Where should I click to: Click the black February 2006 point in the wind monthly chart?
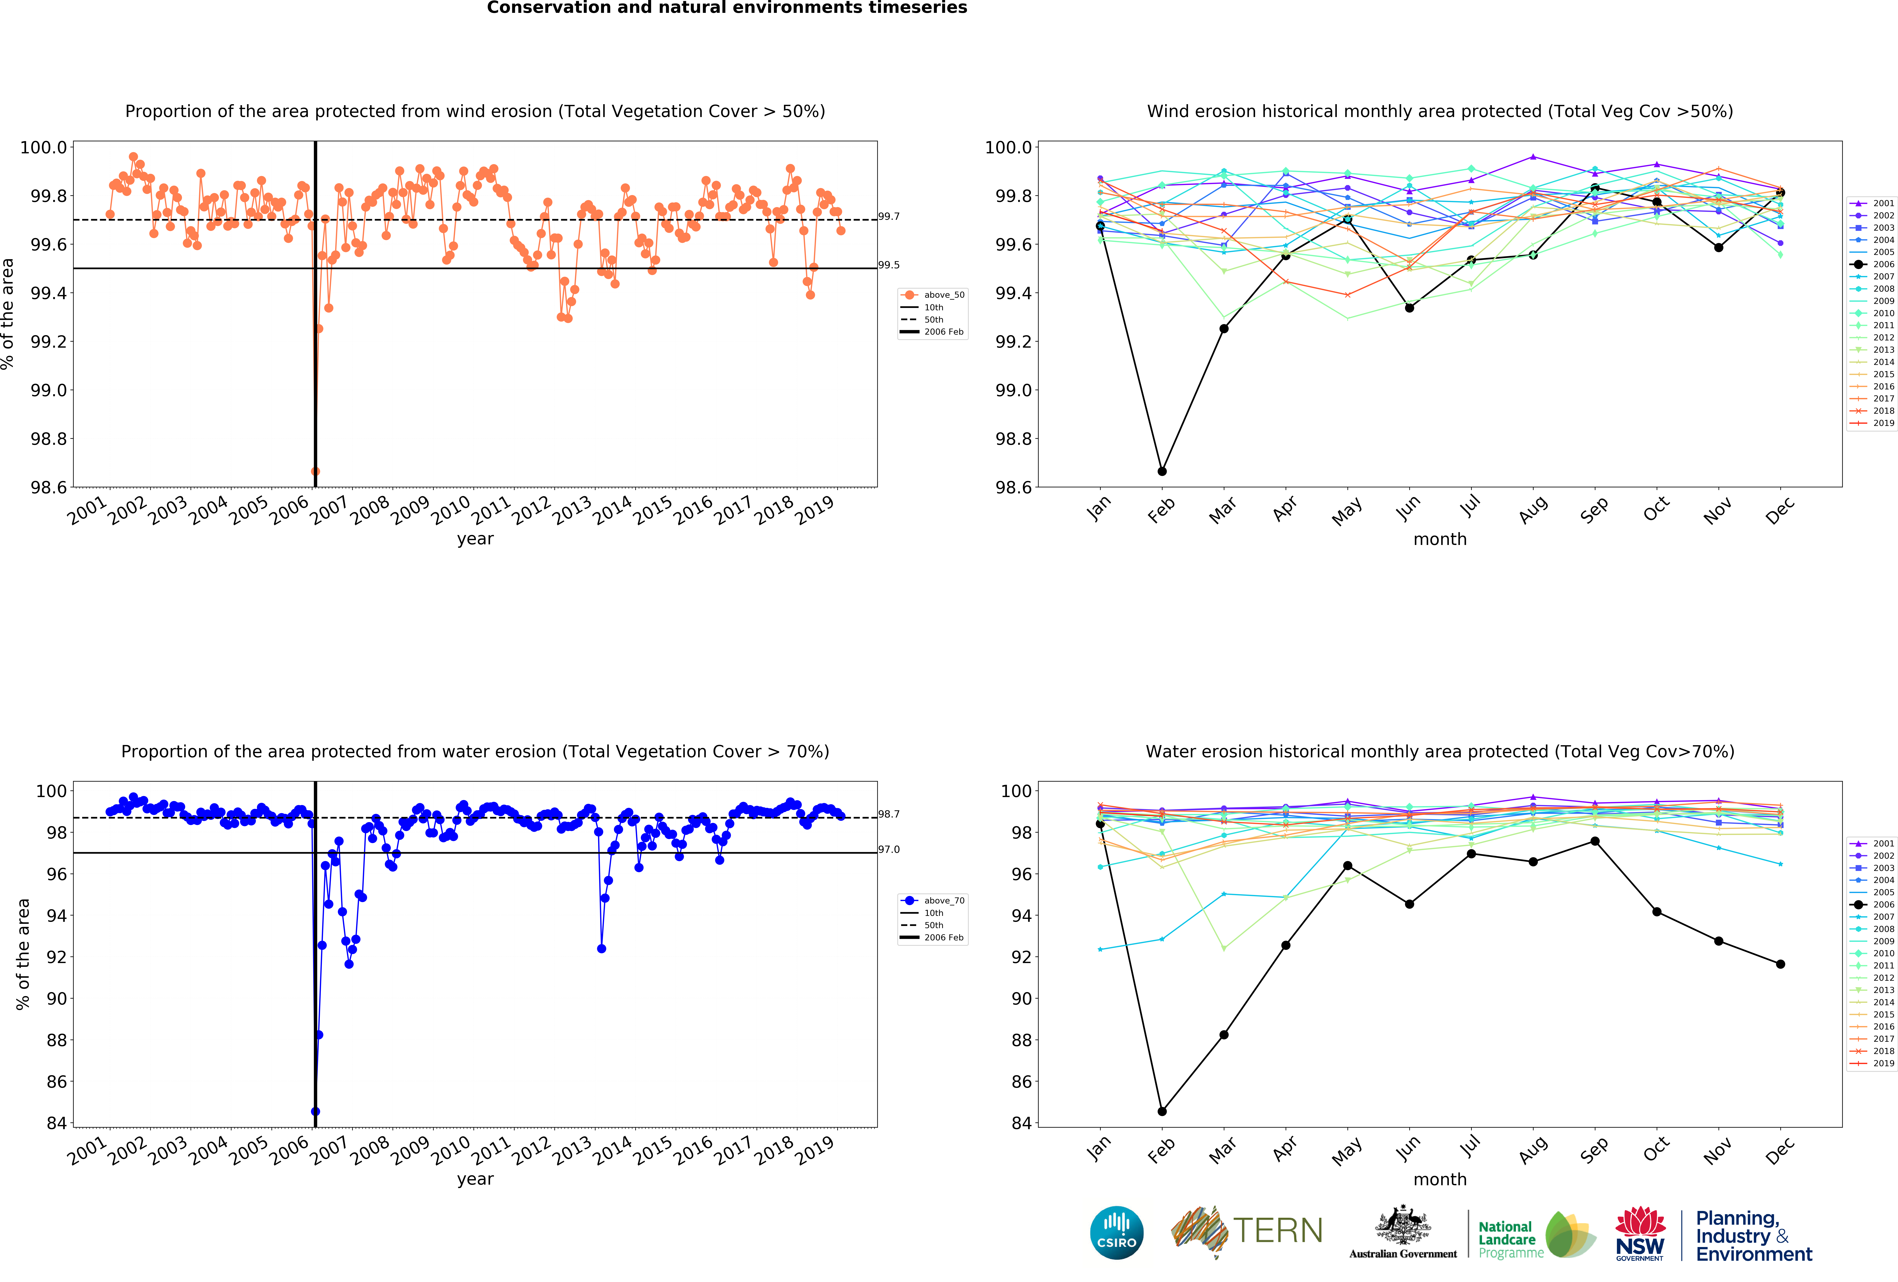1161,471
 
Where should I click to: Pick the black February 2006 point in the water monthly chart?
1161,1111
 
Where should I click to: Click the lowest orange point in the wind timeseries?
315,471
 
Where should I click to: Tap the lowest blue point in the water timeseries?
315,1111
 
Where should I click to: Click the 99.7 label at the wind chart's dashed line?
889,216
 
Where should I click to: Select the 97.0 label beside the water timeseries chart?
889,849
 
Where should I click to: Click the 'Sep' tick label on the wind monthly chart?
1593,510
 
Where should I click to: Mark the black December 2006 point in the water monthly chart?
1780,964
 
